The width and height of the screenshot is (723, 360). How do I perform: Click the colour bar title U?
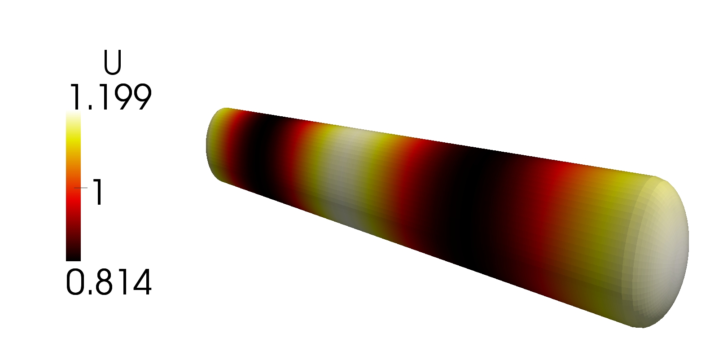click(112, 63)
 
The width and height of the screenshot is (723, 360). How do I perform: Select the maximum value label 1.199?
click(110, 97)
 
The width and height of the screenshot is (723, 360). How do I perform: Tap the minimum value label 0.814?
click(109, 282)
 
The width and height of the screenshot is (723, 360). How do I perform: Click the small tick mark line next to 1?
click(81, 188)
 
